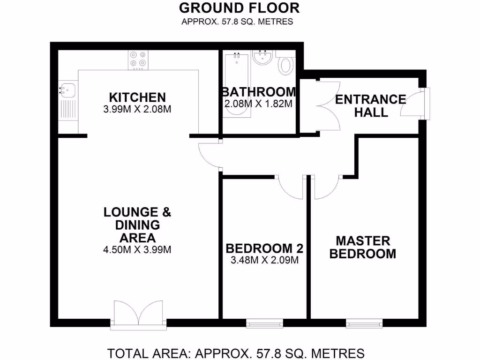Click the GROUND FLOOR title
[x=239, y=8]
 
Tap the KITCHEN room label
[x=137, y=97]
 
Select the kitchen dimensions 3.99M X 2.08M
[x=137, y=110]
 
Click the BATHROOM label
[x=259, y=91]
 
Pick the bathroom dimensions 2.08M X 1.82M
[x=259, y=104]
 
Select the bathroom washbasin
[x=262, y=58]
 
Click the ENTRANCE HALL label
[x=370, y=105]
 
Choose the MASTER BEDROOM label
[x=362, y=247]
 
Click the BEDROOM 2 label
[x=264, y=248]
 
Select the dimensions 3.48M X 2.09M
[x=264, y=261]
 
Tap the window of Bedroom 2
[x=264, y=323]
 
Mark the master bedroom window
[x=364, y=323]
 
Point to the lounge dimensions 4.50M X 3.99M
[x=137, y=250]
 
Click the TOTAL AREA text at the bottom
[x=236, y=352]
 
